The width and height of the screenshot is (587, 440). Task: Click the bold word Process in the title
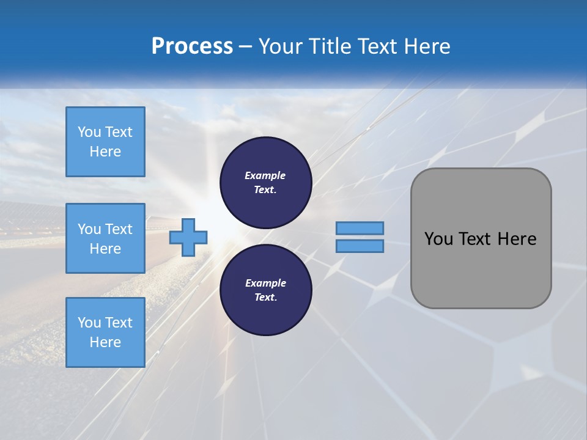pyautogui.click(x=192, y=46)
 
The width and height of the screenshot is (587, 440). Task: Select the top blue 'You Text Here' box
pyautogui.click(x=105, y=142)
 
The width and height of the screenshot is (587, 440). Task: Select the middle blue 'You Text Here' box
pyautogui.click(x=105, y=238)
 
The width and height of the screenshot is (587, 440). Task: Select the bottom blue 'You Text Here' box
pyautogui.click(x=105, y=332)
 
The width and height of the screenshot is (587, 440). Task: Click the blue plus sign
pyautogui.click(x=188, y=237)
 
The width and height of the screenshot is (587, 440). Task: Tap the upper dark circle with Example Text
pyautogui.click(x=266, y=183)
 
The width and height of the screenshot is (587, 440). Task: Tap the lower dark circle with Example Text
pyautogui.click(x=266, y=290)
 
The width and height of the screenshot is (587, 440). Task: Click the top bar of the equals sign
pyautogui.click(x=360, y=228)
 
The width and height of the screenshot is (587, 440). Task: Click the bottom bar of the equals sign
pyautogui.click(x=360, y=246)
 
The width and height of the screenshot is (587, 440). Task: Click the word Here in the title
pyautogui.click(x=427, y=46)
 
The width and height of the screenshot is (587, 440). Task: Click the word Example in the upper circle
pyautogui.click(x=265, y=176)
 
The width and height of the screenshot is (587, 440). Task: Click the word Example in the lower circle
pyautogui.click(x=265, y=284)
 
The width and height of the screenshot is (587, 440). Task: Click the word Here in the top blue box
pyautogui.click(x=105, y=152)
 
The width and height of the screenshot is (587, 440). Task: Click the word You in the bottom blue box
pyautogui.click(x=89, y=323)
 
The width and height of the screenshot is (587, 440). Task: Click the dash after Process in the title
pyautogui.click(x=245, y=46)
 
